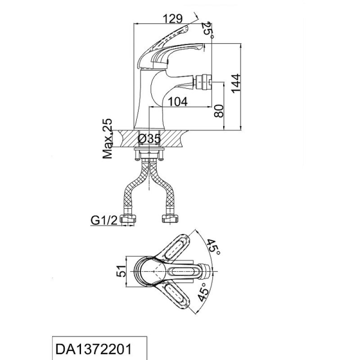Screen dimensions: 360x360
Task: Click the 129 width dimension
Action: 173,18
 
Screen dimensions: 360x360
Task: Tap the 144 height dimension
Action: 236,83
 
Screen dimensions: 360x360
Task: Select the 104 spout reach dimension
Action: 178,102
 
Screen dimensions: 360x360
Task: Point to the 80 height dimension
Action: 219,111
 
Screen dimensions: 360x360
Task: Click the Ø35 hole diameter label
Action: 149,139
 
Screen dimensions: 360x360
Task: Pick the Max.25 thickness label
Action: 108,139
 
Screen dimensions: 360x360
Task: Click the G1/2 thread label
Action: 104,220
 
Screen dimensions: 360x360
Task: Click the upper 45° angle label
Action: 213,247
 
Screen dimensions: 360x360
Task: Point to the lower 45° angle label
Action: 204,291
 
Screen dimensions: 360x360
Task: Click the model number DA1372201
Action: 94,349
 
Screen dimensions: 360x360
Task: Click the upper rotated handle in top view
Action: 175,247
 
